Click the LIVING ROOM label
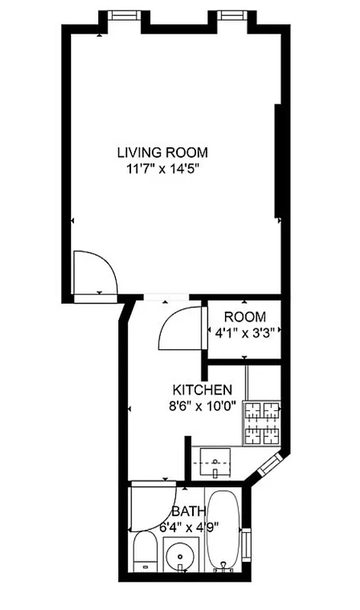162,151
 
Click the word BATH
188,511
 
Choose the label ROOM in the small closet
245,316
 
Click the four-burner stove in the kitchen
261,423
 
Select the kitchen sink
217,462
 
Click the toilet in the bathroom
143,553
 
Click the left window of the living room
120,14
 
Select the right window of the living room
230,14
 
